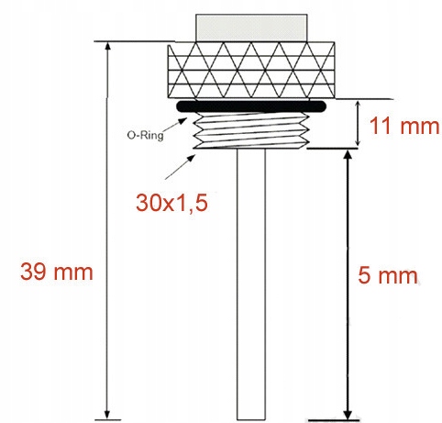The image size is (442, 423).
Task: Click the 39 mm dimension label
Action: [56, 272]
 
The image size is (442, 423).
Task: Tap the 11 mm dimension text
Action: [402, 126]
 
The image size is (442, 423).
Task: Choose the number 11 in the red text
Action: [381, 126]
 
